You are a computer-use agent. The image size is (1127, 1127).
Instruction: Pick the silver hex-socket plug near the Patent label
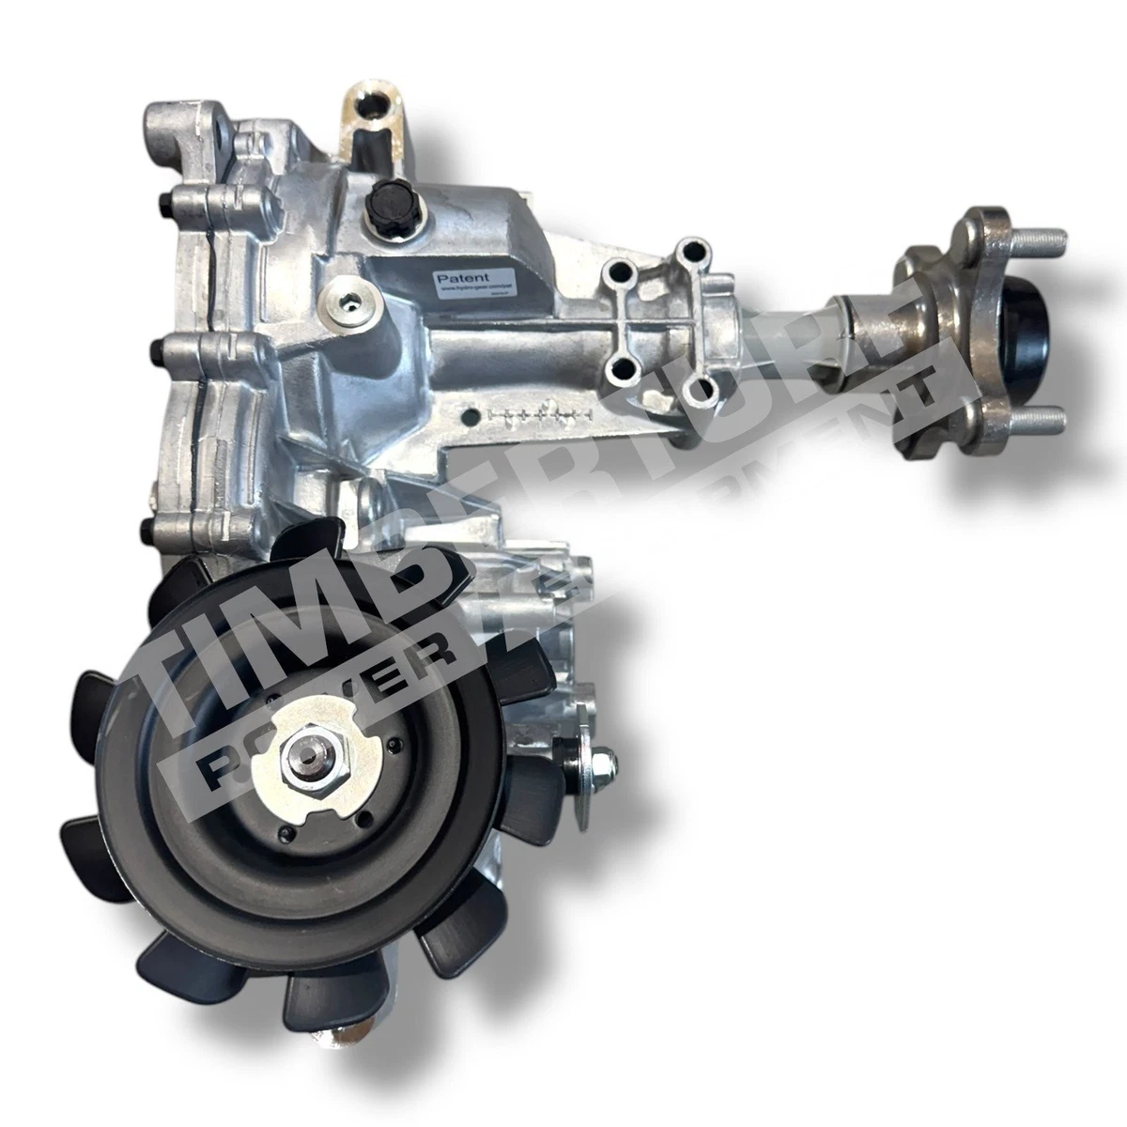[352, 302]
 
